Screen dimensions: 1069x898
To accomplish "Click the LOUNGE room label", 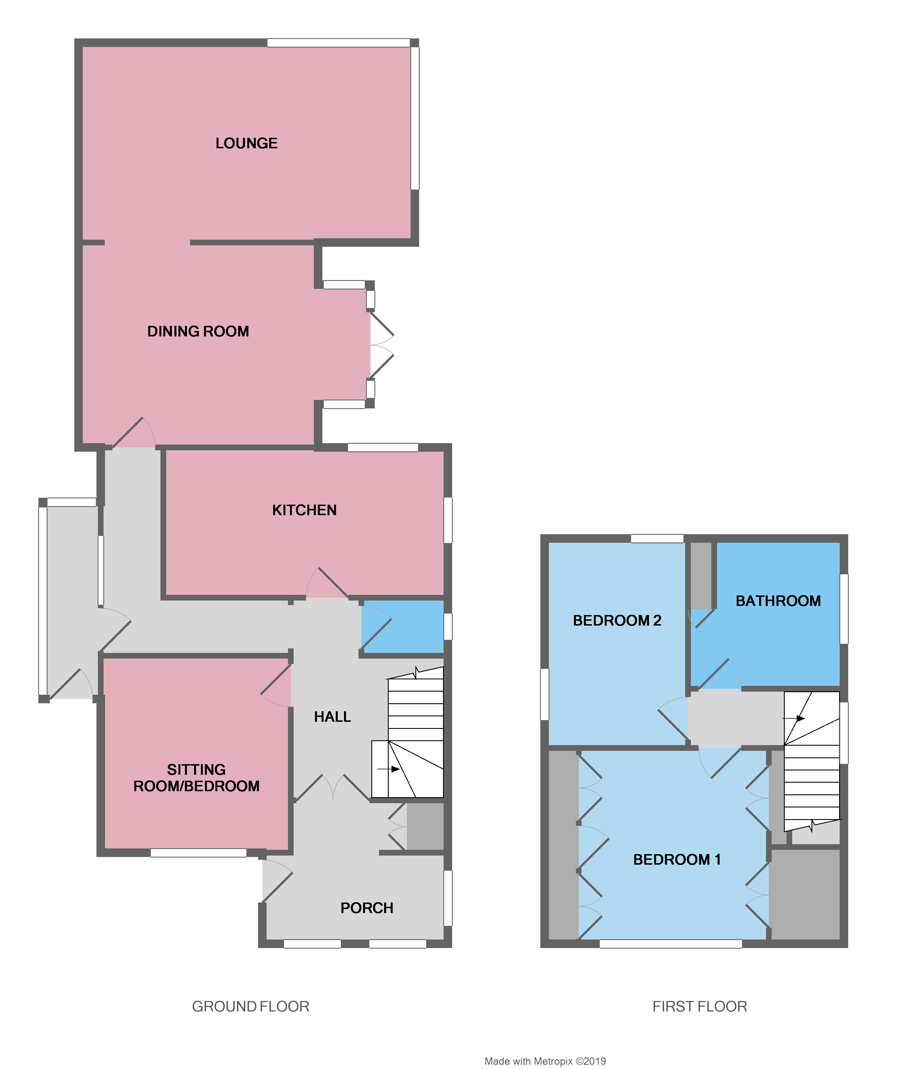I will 246,143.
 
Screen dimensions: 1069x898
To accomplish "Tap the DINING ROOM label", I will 198,332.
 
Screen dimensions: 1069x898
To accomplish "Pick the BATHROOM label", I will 778,601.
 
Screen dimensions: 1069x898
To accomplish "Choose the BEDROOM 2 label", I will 617,620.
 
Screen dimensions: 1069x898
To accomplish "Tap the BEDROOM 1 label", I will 677,860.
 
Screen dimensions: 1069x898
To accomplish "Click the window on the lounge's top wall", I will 339,43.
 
